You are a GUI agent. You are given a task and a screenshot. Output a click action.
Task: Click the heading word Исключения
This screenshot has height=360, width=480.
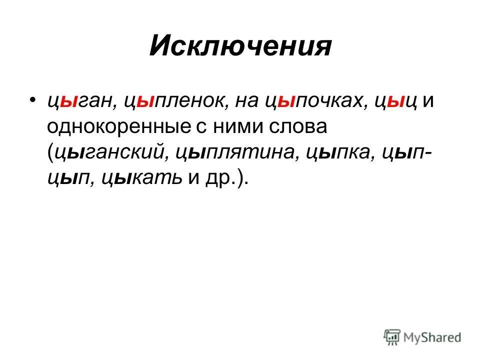coord(240,47)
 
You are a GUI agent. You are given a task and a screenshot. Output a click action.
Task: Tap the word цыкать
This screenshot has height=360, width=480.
coord(135,178)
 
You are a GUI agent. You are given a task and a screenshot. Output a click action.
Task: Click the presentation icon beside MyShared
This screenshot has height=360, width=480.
coord(392,337)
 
